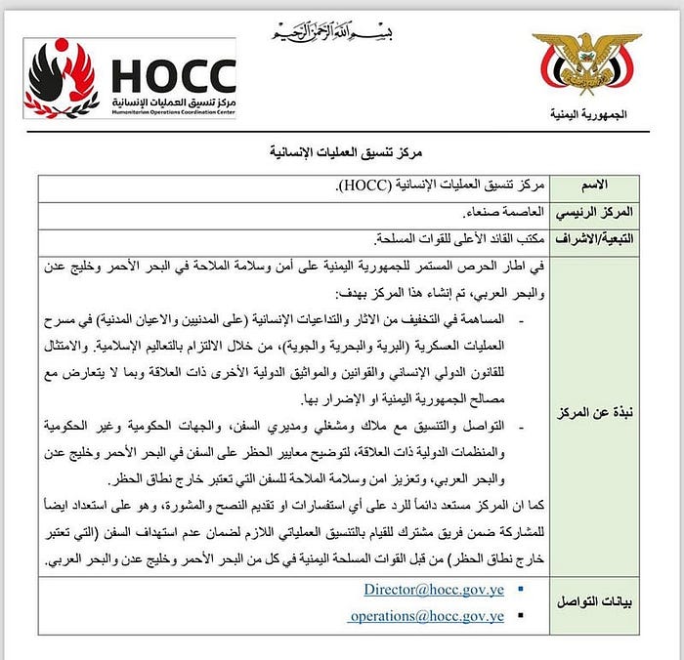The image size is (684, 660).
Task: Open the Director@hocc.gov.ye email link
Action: pyautogui.click(x=434, y=590)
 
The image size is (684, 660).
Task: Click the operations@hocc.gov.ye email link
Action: pyautogui.click(x=427, y=616)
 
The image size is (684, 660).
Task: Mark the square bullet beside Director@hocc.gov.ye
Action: pyautogui.click(x=519, y=591)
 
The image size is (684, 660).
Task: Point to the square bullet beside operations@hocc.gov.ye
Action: pyautogui.click(x=519, y=617)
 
